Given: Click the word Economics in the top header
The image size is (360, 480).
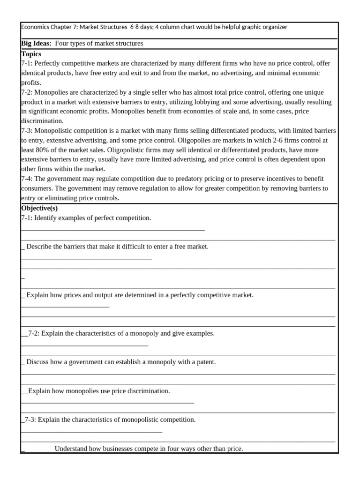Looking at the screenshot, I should pyautogui.click(x=36, y=27).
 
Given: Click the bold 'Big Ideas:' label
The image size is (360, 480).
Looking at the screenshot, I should pyautogui.click(x=37, y=44).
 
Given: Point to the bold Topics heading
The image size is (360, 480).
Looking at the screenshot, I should pyautogui.click(x=31, y=54).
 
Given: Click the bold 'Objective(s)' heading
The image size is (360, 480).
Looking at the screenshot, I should pyautogui.click(x=39, y=208).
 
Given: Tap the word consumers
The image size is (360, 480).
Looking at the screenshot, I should pyautogui.click(x=36, y=188).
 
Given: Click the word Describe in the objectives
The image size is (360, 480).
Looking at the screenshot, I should pyautogui.click(x=39, y=247).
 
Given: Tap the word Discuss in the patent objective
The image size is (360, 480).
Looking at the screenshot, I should pyautogui.click(x=38, y=362).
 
